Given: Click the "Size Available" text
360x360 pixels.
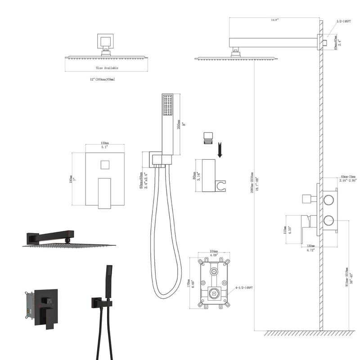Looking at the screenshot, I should (107, 67).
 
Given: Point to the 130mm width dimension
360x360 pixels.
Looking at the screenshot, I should (105, 144).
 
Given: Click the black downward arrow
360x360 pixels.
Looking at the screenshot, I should (220, 150).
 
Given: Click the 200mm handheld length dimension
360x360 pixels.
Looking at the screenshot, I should (178, 121).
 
